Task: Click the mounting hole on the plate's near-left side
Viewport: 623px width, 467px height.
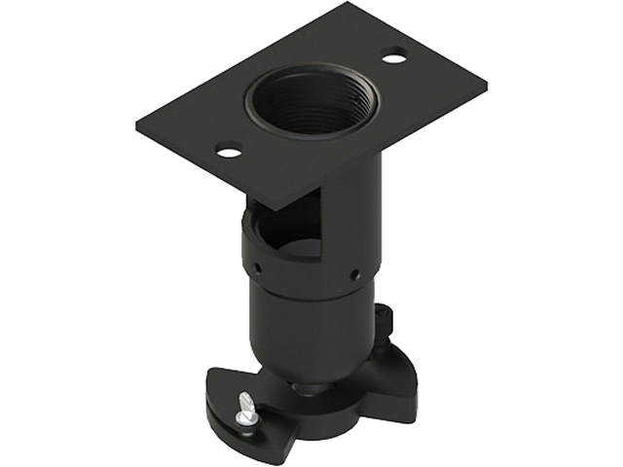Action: (x=228, y=151)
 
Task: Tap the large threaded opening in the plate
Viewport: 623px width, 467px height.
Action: (x=309, y=102)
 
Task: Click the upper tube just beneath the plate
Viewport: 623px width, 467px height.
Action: (x=355, y=195)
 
